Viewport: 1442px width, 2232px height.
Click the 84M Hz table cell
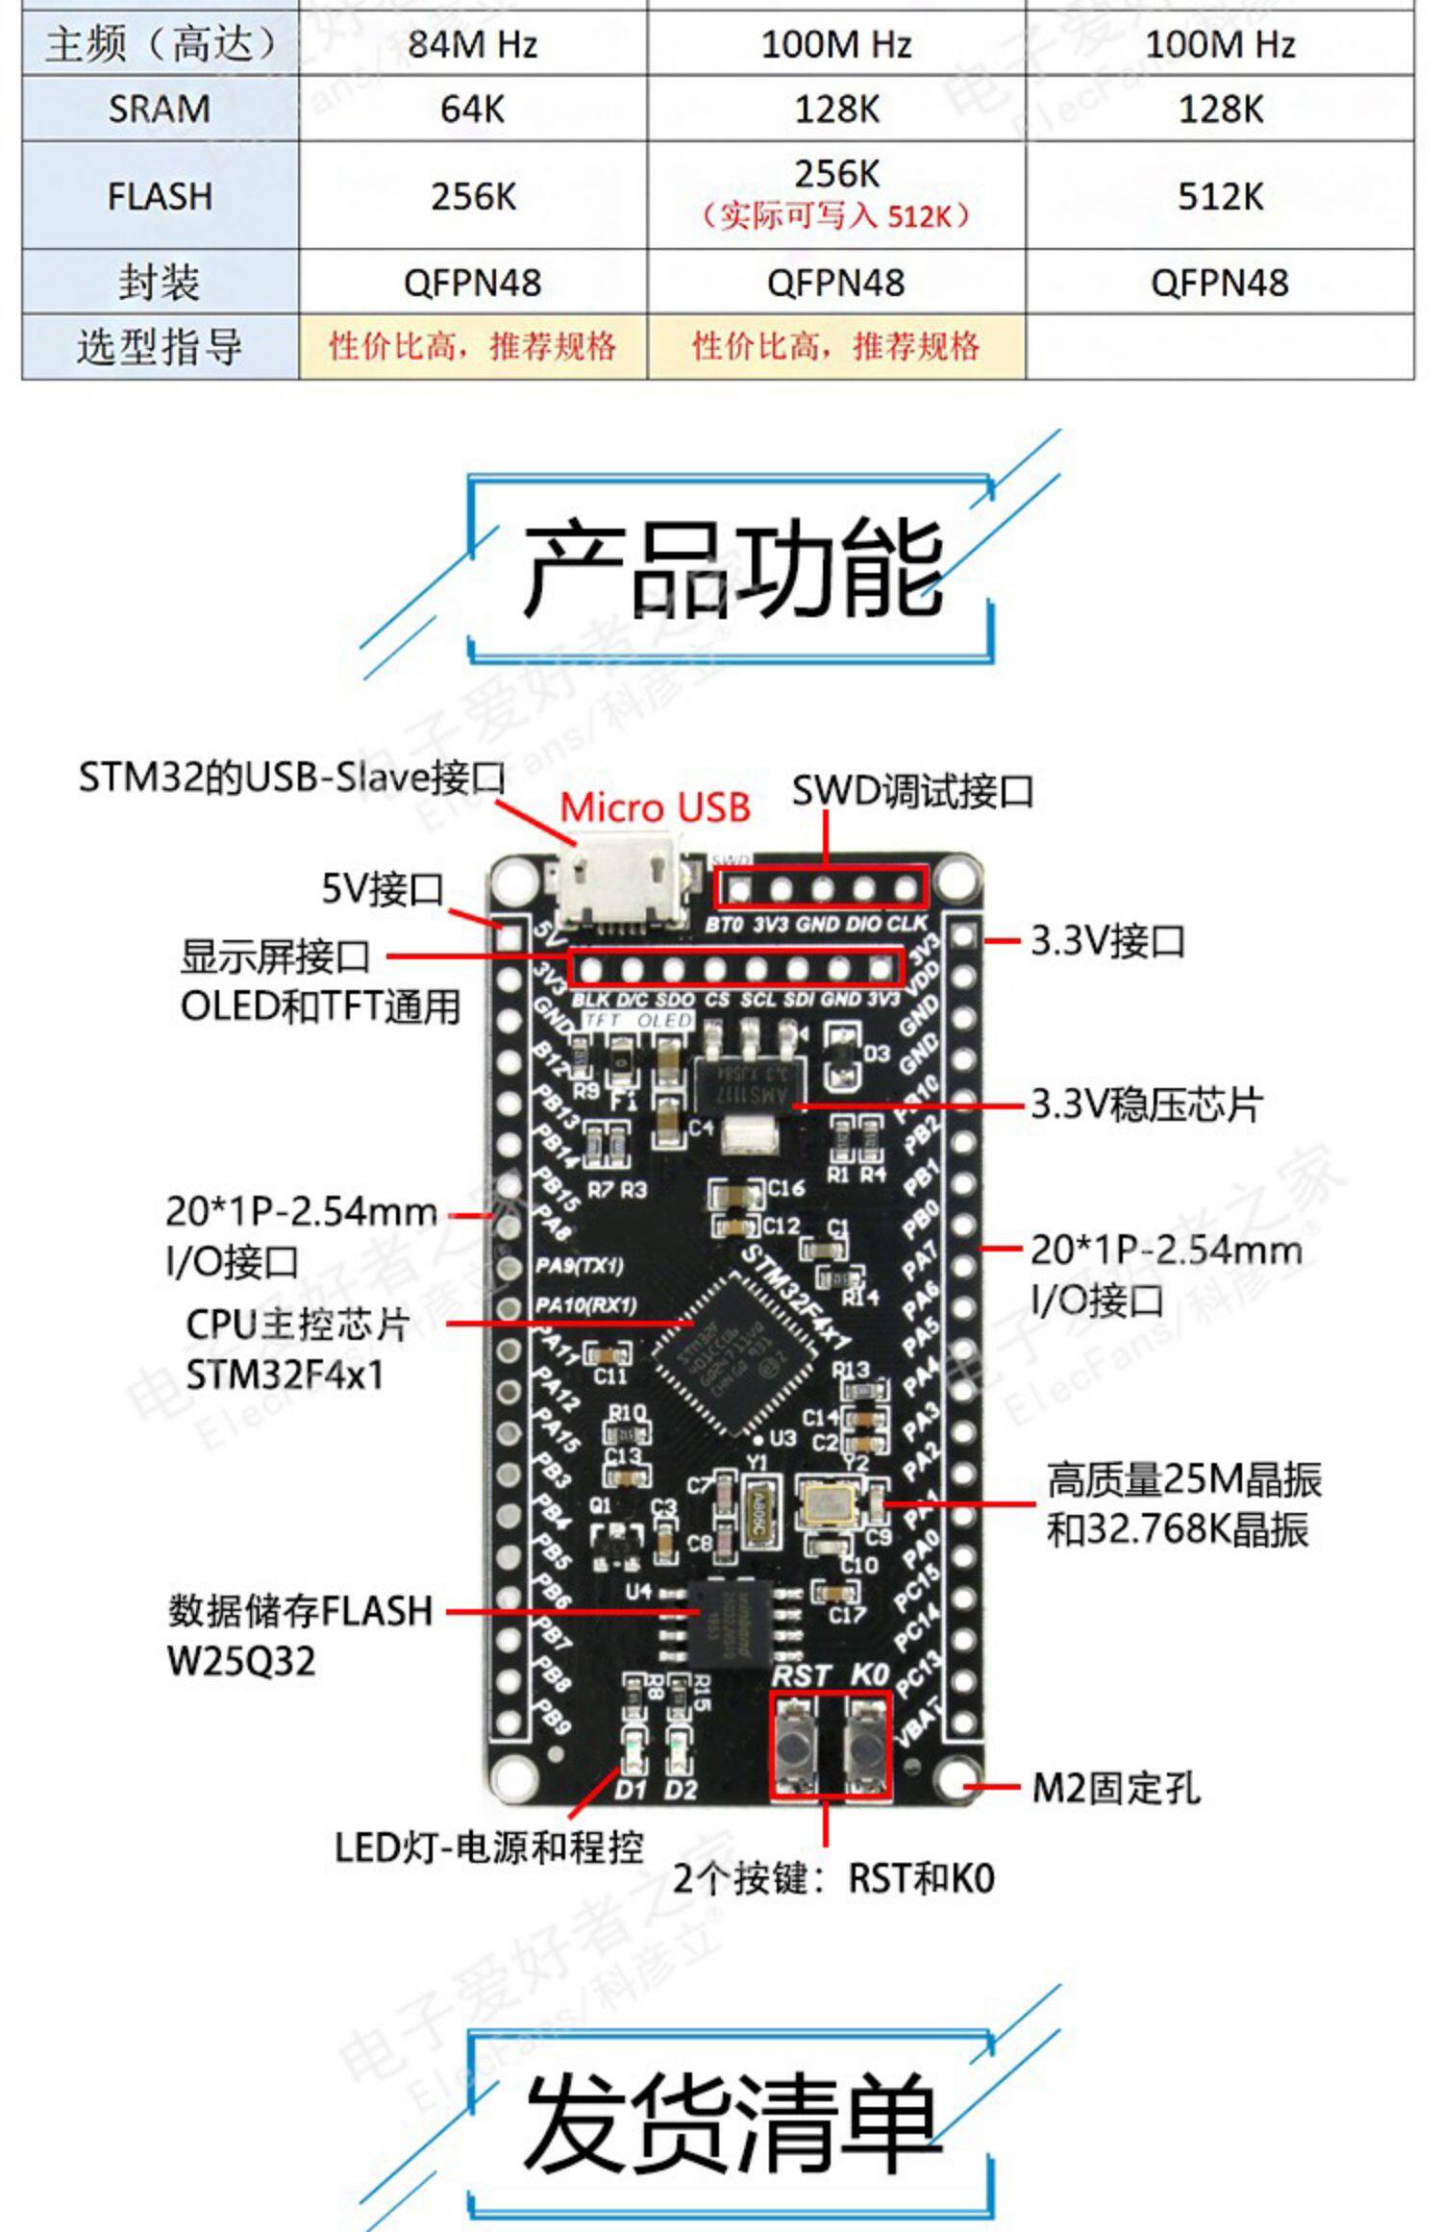(472, 44)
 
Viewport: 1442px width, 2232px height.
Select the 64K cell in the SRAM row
(472, 110)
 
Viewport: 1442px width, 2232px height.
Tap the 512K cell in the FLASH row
(1220, 197)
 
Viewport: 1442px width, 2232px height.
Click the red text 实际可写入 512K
(836, 216)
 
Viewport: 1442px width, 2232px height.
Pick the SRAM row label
(160, 110)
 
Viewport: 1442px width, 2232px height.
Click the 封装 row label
(160, 283)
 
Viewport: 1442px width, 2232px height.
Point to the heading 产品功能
(733, 569)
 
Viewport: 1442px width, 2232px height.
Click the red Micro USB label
(655, 807)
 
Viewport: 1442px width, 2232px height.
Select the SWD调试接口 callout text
(912, 792)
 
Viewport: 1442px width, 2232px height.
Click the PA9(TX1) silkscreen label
(579, 1265)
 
